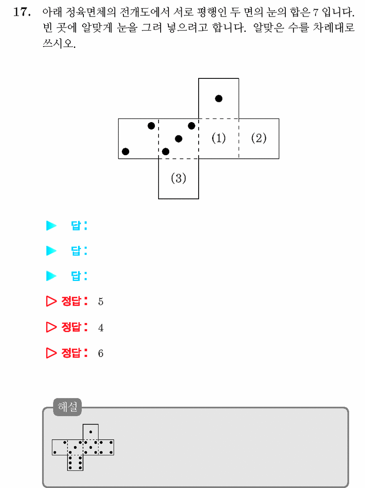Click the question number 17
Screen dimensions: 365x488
22,12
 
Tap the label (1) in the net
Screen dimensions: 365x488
218,138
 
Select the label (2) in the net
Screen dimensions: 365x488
259,138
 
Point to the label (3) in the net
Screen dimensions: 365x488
178,178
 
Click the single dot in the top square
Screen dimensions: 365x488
218,99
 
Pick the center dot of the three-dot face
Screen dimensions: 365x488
178,139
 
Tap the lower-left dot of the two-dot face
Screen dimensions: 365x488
126,151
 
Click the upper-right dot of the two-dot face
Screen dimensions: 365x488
152,126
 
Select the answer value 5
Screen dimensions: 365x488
101,302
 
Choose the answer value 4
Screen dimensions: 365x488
101,328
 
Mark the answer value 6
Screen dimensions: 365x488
101,353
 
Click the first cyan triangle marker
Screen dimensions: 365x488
51,226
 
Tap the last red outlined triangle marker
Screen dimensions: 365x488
51,353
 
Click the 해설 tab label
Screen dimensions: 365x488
68,407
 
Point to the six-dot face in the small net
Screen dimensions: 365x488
75,463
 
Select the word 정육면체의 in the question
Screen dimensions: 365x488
90,12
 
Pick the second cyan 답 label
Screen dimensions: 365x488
79,251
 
